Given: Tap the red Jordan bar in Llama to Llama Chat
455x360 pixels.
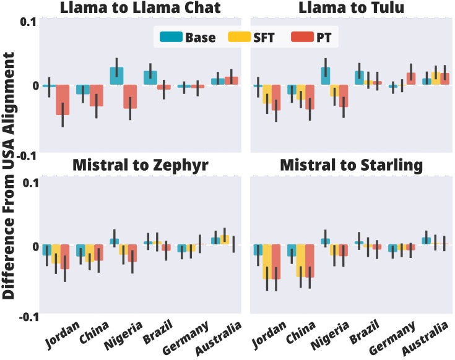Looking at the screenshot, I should (x=63, y=100).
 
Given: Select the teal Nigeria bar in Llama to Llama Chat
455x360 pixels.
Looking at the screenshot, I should (x=116, y=76).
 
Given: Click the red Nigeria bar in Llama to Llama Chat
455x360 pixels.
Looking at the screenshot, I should (x=130, y=97).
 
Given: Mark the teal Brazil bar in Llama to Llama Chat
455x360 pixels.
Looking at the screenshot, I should (x=150, y=78).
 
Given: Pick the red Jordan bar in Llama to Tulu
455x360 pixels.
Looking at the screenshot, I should (x=275, y=98).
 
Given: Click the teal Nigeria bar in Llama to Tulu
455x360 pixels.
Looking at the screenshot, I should (x=325, y=76).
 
